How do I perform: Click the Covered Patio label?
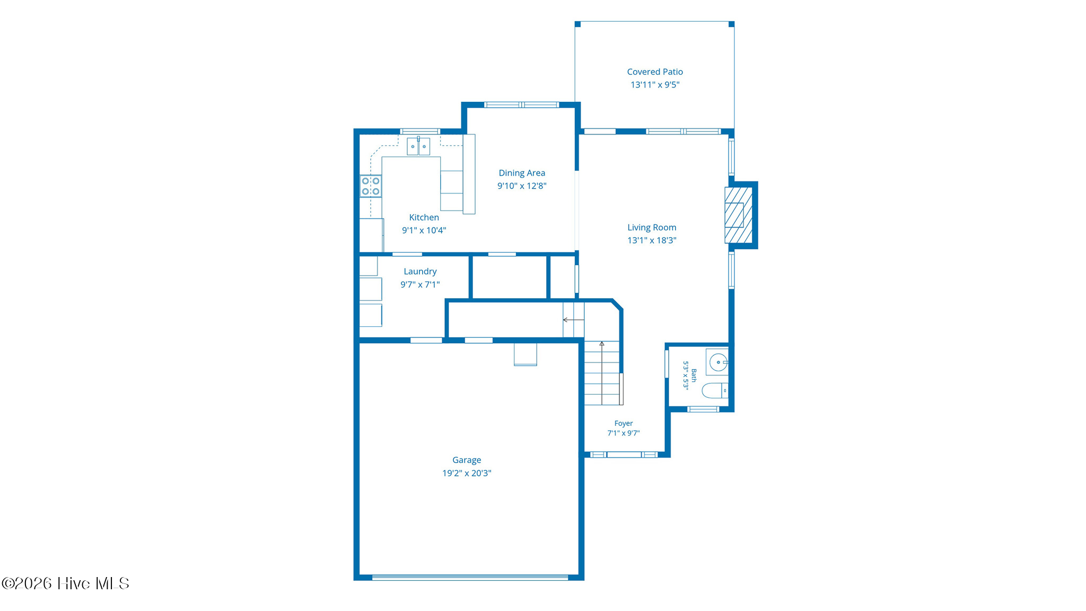point(655,72)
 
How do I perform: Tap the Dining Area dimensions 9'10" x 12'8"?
point(522,186)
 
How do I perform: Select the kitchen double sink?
point(418,146)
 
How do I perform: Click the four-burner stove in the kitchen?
point(371,186)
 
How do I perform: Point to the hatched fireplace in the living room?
point(739,215)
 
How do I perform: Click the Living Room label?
point(652,228)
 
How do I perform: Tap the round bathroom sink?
point(719,363)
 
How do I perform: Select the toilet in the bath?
point(715,391)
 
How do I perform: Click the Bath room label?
point(694,376)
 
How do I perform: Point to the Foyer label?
point(624,423)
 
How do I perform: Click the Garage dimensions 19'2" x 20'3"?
point(467,473)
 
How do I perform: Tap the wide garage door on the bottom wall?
point(470,578)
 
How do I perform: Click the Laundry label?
point(420,272)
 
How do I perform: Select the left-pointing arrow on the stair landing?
point(573,320)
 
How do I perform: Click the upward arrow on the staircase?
point(602,373)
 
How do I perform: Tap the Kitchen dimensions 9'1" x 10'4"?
point(424,230)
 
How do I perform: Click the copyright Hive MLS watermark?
point(65,583)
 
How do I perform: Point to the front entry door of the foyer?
point(624,455)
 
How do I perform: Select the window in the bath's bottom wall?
point(703,409)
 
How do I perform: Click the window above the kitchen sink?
point(419,131)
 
